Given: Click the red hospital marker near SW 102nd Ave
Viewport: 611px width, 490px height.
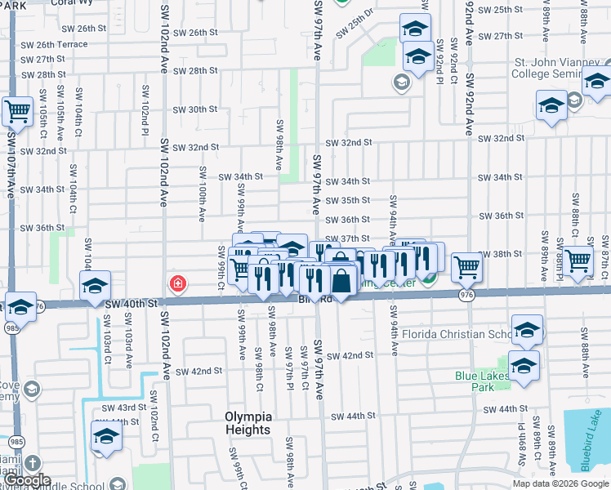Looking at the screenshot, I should coord(176,284).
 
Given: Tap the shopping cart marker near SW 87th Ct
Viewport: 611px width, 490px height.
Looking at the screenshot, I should coord(578,261).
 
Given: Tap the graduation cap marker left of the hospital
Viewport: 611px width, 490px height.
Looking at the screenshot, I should coord(96,287).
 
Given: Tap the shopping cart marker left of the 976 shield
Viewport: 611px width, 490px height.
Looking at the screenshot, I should coord(466,266).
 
